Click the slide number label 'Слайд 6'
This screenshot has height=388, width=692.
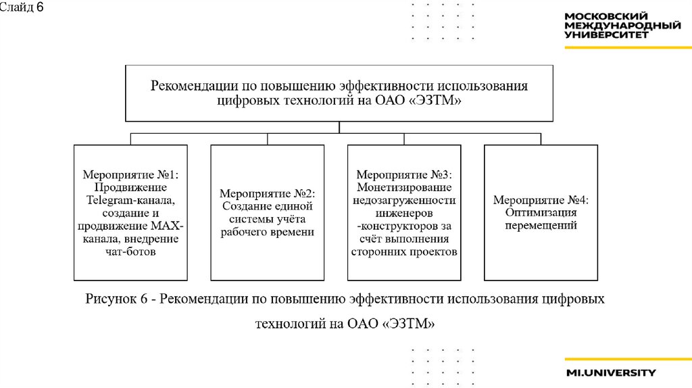click(x=22, y=7)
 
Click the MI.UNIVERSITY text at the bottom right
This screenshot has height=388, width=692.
click(x=611, y=372)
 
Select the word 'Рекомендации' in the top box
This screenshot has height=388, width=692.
click(x=190, y=87)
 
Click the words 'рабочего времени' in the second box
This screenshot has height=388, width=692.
click(x=267, y=232)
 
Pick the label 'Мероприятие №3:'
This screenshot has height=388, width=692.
click(x=404, y=174)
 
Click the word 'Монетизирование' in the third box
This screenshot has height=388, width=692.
click(x=404, y=187)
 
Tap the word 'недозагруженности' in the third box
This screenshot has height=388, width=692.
click(x=404, y=200)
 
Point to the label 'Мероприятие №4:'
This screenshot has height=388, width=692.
click(x=541, y=199)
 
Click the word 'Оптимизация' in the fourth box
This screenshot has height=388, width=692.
click(x=541, y=212)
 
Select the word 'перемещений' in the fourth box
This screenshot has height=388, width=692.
click(x=541, y=226)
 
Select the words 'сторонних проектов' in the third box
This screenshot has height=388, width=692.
click(x=404, y=252)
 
